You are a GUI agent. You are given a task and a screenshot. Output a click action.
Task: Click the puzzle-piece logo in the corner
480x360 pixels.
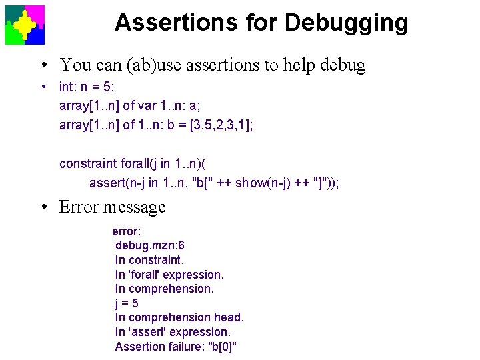25,25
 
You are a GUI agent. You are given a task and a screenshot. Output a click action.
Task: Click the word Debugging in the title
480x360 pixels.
347,23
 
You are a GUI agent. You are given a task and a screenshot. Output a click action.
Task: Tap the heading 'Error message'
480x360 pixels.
112,207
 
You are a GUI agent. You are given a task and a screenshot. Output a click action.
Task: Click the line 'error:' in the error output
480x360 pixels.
126,231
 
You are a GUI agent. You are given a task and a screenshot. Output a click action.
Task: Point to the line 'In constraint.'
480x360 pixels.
149,260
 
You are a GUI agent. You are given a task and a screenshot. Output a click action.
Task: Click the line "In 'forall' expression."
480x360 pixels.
169,275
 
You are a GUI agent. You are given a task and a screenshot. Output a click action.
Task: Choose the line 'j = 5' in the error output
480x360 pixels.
127,303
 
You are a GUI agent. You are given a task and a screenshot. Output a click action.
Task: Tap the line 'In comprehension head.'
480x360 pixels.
179,317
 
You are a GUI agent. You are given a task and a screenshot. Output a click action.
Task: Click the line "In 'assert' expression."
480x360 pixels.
173,332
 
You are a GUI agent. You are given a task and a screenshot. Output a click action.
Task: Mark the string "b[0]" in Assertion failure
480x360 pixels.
223,347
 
